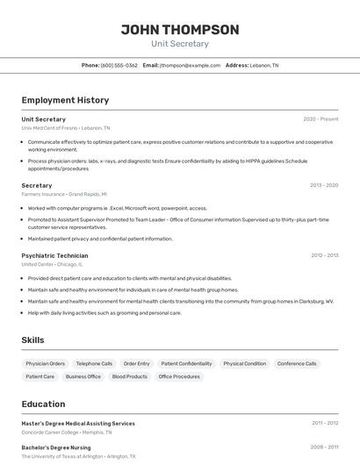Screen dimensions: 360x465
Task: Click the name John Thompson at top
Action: point(180,30)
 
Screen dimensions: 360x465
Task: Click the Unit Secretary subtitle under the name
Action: point(180,44)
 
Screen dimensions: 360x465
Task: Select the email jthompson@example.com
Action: point(190,65)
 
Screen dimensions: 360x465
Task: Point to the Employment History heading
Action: point(65,100)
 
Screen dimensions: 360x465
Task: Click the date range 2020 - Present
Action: point(320,119)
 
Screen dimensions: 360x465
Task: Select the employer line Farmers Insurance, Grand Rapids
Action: point(64,194)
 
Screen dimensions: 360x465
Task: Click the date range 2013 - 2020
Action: point(324,185)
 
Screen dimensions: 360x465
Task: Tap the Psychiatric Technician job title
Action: point(54,255)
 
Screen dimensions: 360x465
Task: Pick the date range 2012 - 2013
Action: point(324,255)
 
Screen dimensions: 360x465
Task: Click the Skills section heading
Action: point(32,340)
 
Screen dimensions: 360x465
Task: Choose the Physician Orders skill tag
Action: point(46,363)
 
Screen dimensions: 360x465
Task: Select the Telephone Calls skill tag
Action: point(94,363)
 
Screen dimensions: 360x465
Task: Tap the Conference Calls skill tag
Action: point(297,363)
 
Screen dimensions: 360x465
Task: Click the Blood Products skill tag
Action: point(130,376)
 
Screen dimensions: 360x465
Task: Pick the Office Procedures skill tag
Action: point(179,376)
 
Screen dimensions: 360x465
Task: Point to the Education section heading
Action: point(43,404)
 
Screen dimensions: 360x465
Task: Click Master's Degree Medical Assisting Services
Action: point(78,423)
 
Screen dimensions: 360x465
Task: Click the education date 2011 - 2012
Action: point(324,423)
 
